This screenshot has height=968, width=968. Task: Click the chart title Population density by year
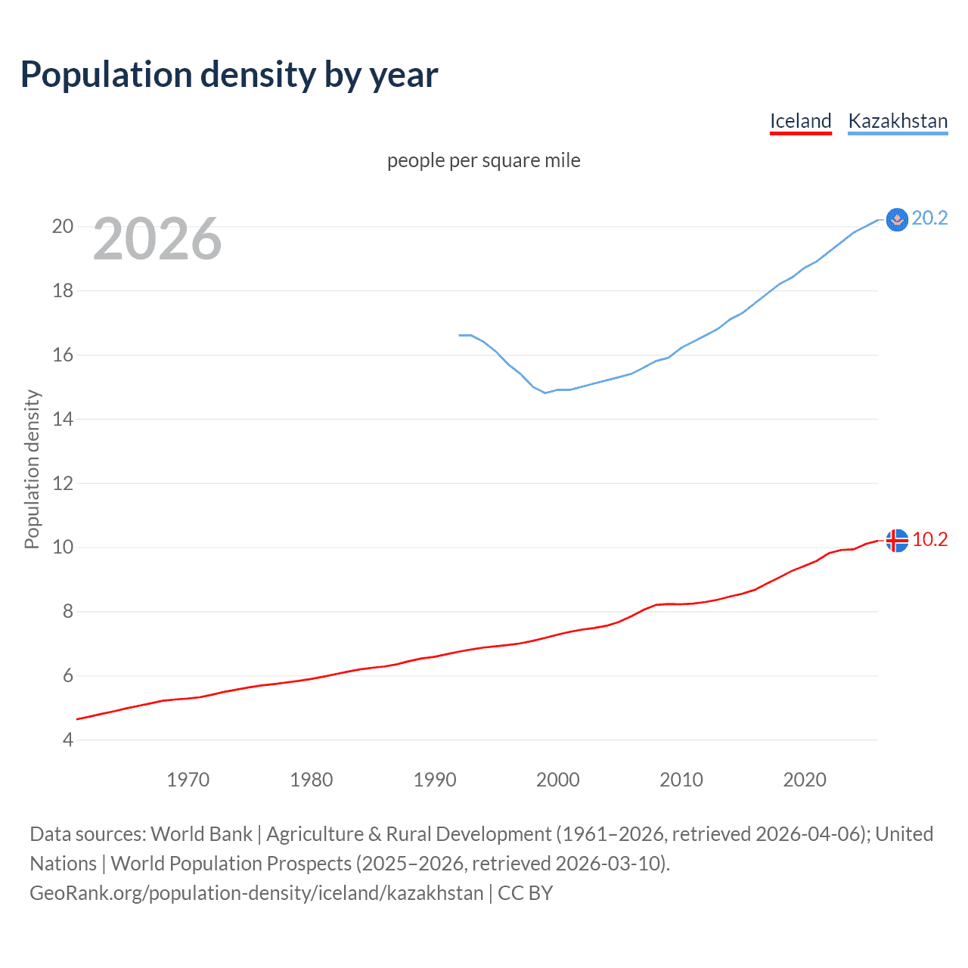pos(229,75)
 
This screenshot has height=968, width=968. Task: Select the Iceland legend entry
pos(800,121)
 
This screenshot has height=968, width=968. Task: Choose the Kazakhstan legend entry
pos(898,121)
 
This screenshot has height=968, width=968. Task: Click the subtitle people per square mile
pos(483,160)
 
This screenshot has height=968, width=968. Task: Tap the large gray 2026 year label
pos(157,239)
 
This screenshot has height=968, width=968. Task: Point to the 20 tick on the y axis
pos(63,226)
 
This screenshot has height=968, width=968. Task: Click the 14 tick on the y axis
pos(63,419)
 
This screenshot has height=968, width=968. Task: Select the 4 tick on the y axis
pos(68,740)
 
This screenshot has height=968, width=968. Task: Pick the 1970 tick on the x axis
pos(188,780)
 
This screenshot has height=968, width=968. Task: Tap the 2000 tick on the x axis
pos(557,780)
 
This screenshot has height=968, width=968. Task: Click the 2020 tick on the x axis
pos(804,780)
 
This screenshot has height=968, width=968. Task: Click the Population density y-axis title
pos(32,469)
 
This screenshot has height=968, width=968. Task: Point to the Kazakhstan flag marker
pos(896,219)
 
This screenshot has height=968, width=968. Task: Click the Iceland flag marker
pos(896,540)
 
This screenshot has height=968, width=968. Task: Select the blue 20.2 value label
pos(929,218)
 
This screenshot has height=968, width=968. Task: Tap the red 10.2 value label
pos(929,539)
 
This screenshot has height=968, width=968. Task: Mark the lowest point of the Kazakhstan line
pos(544,392)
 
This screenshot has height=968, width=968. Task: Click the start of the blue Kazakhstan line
pos(460,335)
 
